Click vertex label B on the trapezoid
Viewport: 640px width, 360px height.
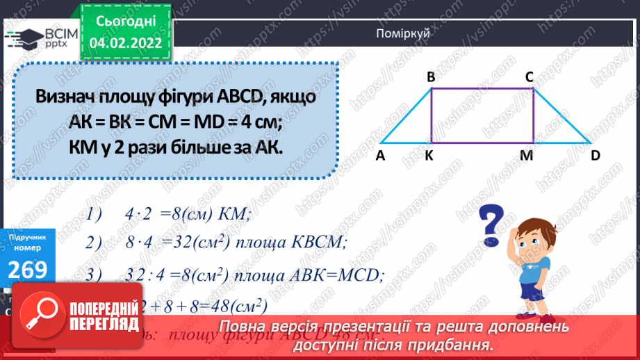click(431, 77)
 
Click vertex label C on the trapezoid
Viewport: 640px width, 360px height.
click(529, 77)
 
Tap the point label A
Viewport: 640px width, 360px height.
click(381, 156)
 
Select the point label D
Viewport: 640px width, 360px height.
click(596, 156)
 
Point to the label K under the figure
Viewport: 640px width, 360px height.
click(429, 156)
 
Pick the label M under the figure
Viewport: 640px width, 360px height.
click(526, 156)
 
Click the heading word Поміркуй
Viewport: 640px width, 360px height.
click(402, 33)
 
